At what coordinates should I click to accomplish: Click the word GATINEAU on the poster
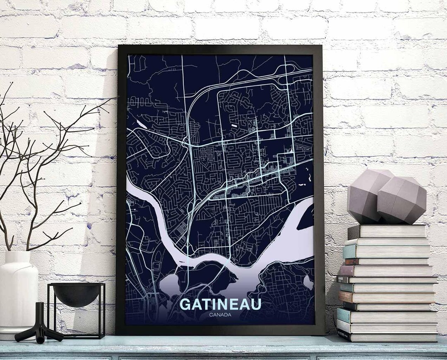tap(221, 304)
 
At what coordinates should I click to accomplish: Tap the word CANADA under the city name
tap(221, 315)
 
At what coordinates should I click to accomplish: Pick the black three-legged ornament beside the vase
tap(39, 325)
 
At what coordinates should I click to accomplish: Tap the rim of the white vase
tap(19, 254)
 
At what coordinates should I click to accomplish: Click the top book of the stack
tap(387, 231)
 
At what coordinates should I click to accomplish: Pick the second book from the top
tap(387, 241)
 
